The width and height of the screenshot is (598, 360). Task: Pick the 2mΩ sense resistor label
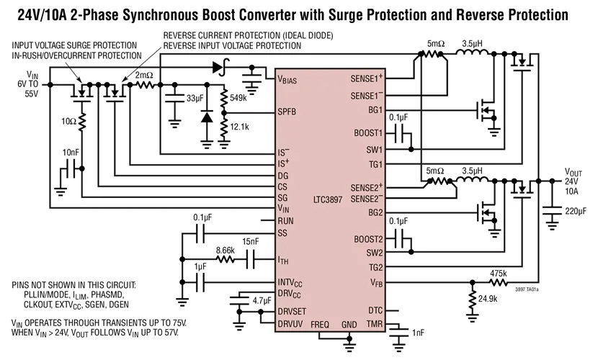143,74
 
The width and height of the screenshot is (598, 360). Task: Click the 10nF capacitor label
71,153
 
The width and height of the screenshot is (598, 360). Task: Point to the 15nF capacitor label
252,240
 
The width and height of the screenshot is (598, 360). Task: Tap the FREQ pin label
320,325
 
